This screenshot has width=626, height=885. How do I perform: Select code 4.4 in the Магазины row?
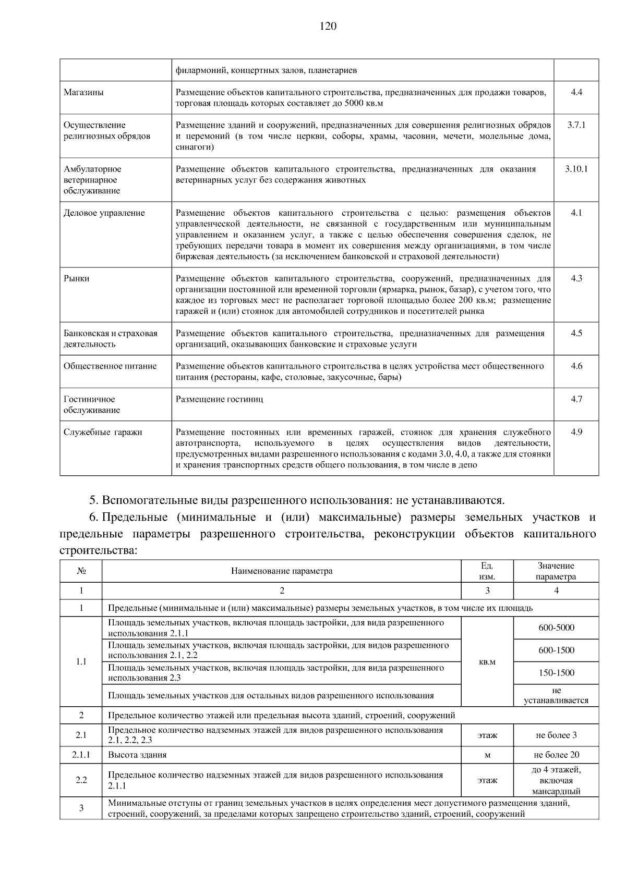point(576,92)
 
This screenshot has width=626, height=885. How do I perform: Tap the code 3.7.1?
point(576,125)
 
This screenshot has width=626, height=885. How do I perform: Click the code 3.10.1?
point(576,169)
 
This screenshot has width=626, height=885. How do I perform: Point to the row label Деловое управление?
point(104,213)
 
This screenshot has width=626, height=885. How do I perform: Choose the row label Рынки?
point(77,278)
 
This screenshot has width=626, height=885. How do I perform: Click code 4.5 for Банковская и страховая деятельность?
point(576,333)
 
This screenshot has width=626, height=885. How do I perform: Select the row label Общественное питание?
point(110,366)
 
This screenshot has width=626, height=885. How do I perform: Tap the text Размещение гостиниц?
point(220,399)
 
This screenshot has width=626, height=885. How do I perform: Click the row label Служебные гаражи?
point(103,432)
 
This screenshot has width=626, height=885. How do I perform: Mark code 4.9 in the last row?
point(576,432)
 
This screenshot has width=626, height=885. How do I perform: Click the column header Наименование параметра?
point(282,571)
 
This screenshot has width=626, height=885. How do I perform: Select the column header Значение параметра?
point(556,571)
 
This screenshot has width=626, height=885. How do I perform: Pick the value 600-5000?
point(556,628)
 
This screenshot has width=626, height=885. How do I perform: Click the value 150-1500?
point(556,673)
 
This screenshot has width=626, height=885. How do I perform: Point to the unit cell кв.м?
point(487,661)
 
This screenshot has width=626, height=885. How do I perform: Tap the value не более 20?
point(556,755)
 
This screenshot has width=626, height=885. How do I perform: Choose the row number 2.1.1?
point(81,755)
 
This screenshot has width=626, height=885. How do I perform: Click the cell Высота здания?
point(137,755)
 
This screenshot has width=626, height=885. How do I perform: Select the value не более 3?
point(556,735)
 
